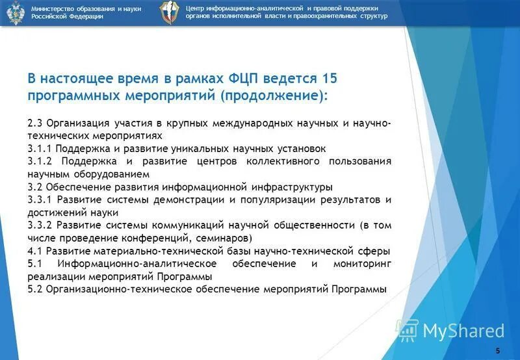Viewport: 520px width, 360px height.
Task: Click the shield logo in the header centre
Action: pyautogui.click(x=170, y=12)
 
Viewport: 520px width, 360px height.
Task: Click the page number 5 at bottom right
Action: pyautogui.click(x=498, y=351)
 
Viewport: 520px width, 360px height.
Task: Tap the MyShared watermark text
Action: pyautogui.click(x=463, y=331)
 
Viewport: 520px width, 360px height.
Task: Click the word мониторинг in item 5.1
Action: pyautogui.click(x=363, y=263)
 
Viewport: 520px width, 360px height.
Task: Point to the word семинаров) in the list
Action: pyautogui.click(x=216, y=238)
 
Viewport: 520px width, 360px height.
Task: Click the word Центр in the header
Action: pyautogui.click(x=197, y=7)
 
